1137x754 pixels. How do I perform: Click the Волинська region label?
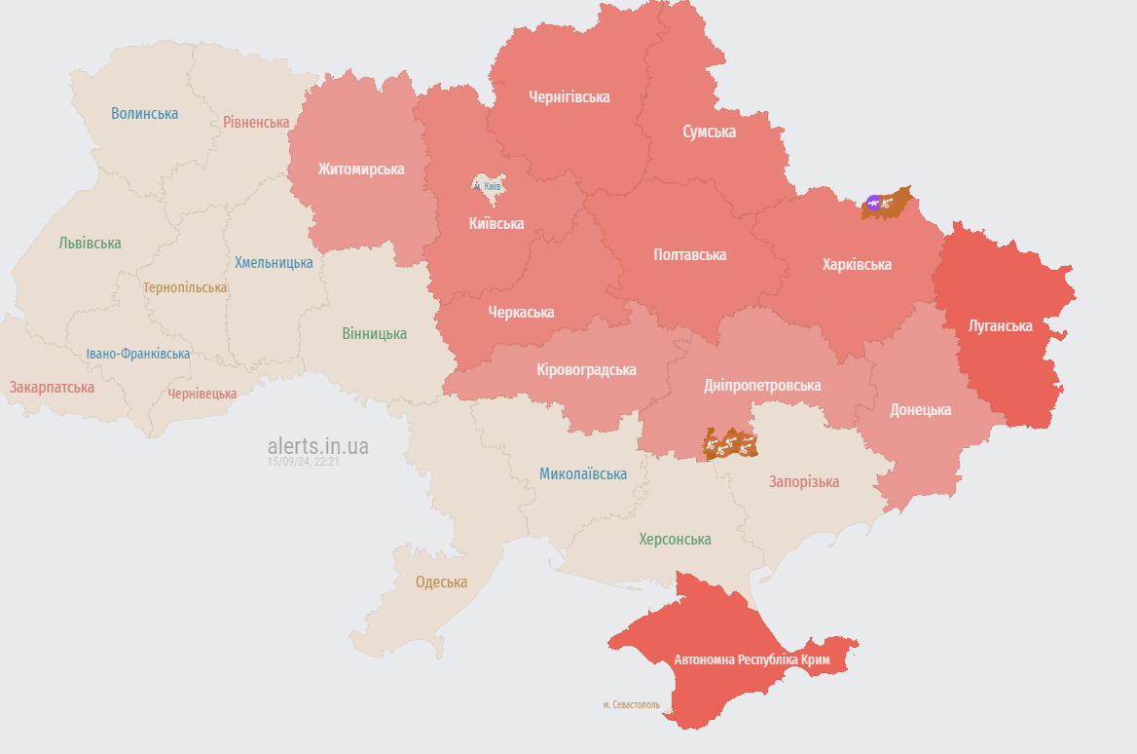pos(144,114)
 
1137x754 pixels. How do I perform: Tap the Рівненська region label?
pos(256,123)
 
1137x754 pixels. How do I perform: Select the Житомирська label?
pos(360,170)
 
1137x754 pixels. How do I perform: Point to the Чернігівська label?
pos(569,97)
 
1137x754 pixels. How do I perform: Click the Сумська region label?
pos(709,132)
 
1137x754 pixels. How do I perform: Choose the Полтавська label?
pos(689,255)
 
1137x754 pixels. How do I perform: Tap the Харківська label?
pos(857,265)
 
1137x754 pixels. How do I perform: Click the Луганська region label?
pos(1000,325)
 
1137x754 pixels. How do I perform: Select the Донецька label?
pos(920,410)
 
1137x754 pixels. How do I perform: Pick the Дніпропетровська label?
pos(762,386)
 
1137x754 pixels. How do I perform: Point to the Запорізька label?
pos(803,482)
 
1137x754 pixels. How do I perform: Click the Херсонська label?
pos(675,540)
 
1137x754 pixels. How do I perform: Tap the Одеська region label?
pos(441,583)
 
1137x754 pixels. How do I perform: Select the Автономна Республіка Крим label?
pos(752,660)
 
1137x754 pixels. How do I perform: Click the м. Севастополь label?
pos(631,704)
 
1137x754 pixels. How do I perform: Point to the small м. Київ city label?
pos(487,185)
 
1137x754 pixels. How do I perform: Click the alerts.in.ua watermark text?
pos(318,446)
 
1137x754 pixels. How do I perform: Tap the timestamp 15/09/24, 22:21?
pos(303,462)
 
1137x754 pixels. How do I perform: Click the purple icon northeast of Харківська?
pos(873,203)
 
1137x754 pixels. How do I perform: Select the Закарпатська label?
pos(52,388)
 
